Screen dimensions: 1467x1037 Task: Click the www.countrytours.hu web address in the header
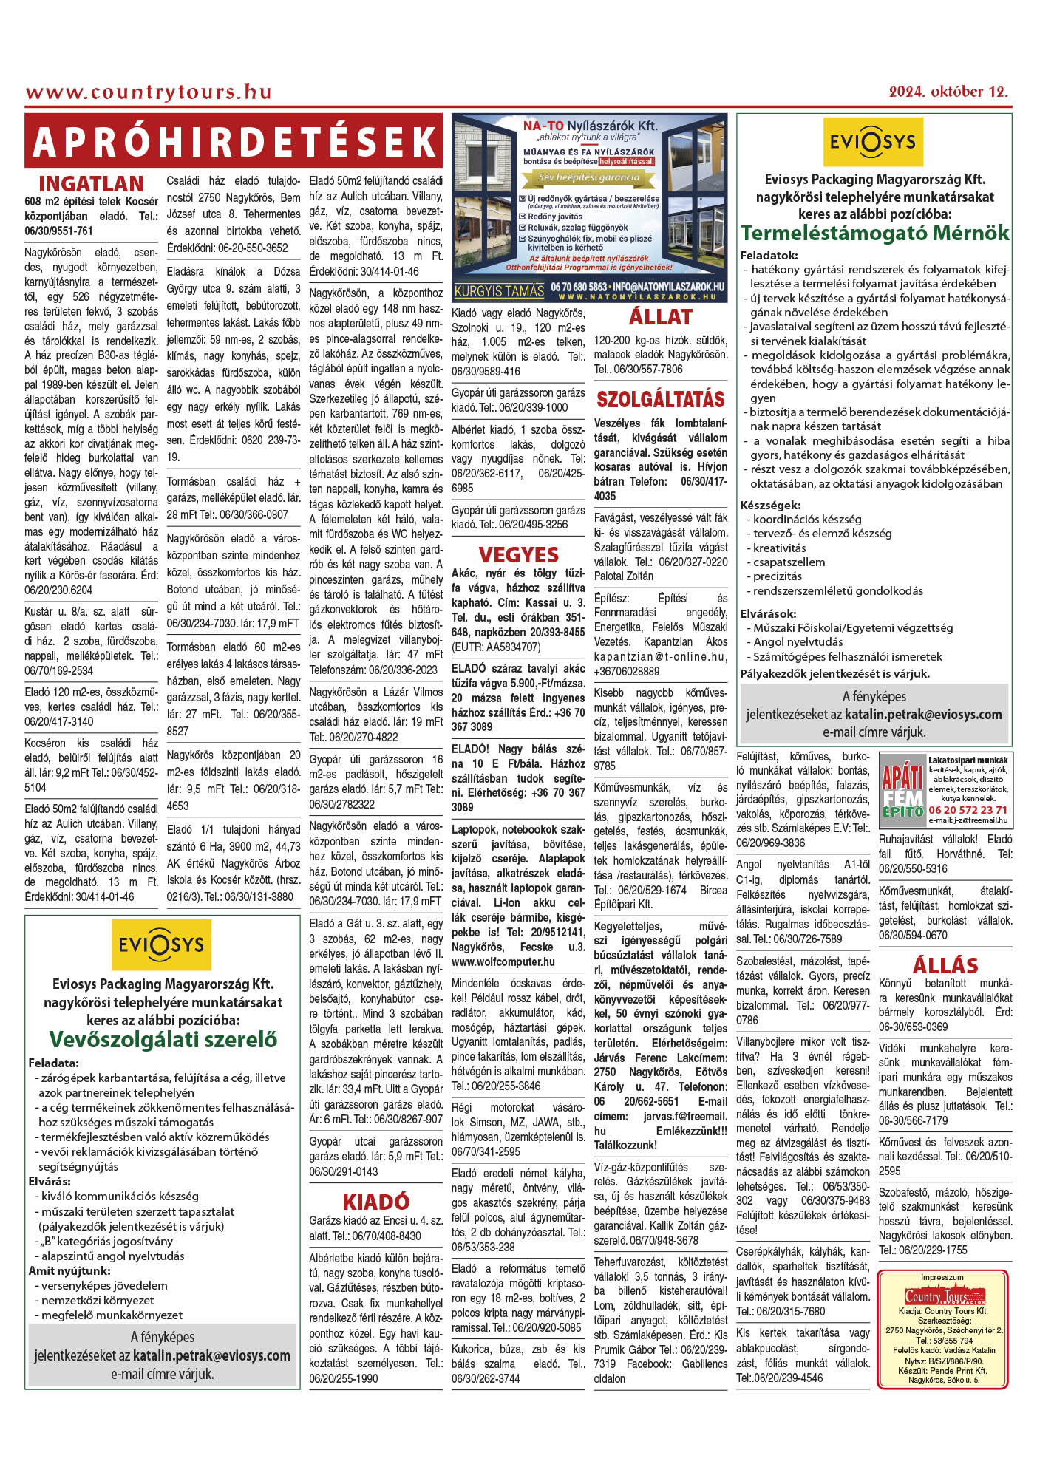(149, 92)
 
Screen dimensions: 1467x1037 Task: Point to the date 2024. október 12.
(948, 92)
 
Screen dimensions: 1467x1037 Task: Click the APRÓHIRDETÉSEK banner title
(234, 141)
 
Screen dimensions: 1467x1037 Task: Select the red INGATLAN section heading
(91, 183)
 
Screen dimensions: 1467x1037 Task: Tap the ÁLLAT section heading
(660, 317)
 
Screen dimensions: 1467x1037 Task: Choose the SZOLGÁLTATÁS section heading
(660, 399)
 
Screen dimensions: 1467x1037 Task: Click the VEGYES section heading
(518, 554)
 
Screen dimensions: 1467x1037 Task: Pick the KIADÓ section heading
(375, 1202)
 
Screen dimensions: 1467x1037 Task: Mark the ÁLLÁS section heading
(945, 965)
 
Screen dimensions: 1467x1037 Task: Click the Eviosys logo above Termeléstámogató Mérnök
(872, 141)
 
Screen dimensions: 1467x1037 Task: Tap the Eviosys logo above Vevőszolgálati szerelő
(161, 944)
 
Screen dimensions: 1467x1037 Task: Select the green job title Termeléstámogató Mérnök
(874, 233)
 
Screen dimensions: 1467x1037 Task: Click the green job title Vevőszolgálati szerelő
(163, 1039)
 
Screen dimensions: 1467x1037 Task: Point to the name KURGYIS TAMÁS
(500, 291)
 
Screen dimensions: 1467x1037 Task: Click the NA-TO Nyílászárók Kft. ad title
(590, 126)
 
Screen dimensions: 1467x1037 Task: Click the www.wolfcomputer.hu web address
(503, 961)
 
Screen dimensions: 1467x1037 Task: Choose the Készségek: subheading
(770, 505)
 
